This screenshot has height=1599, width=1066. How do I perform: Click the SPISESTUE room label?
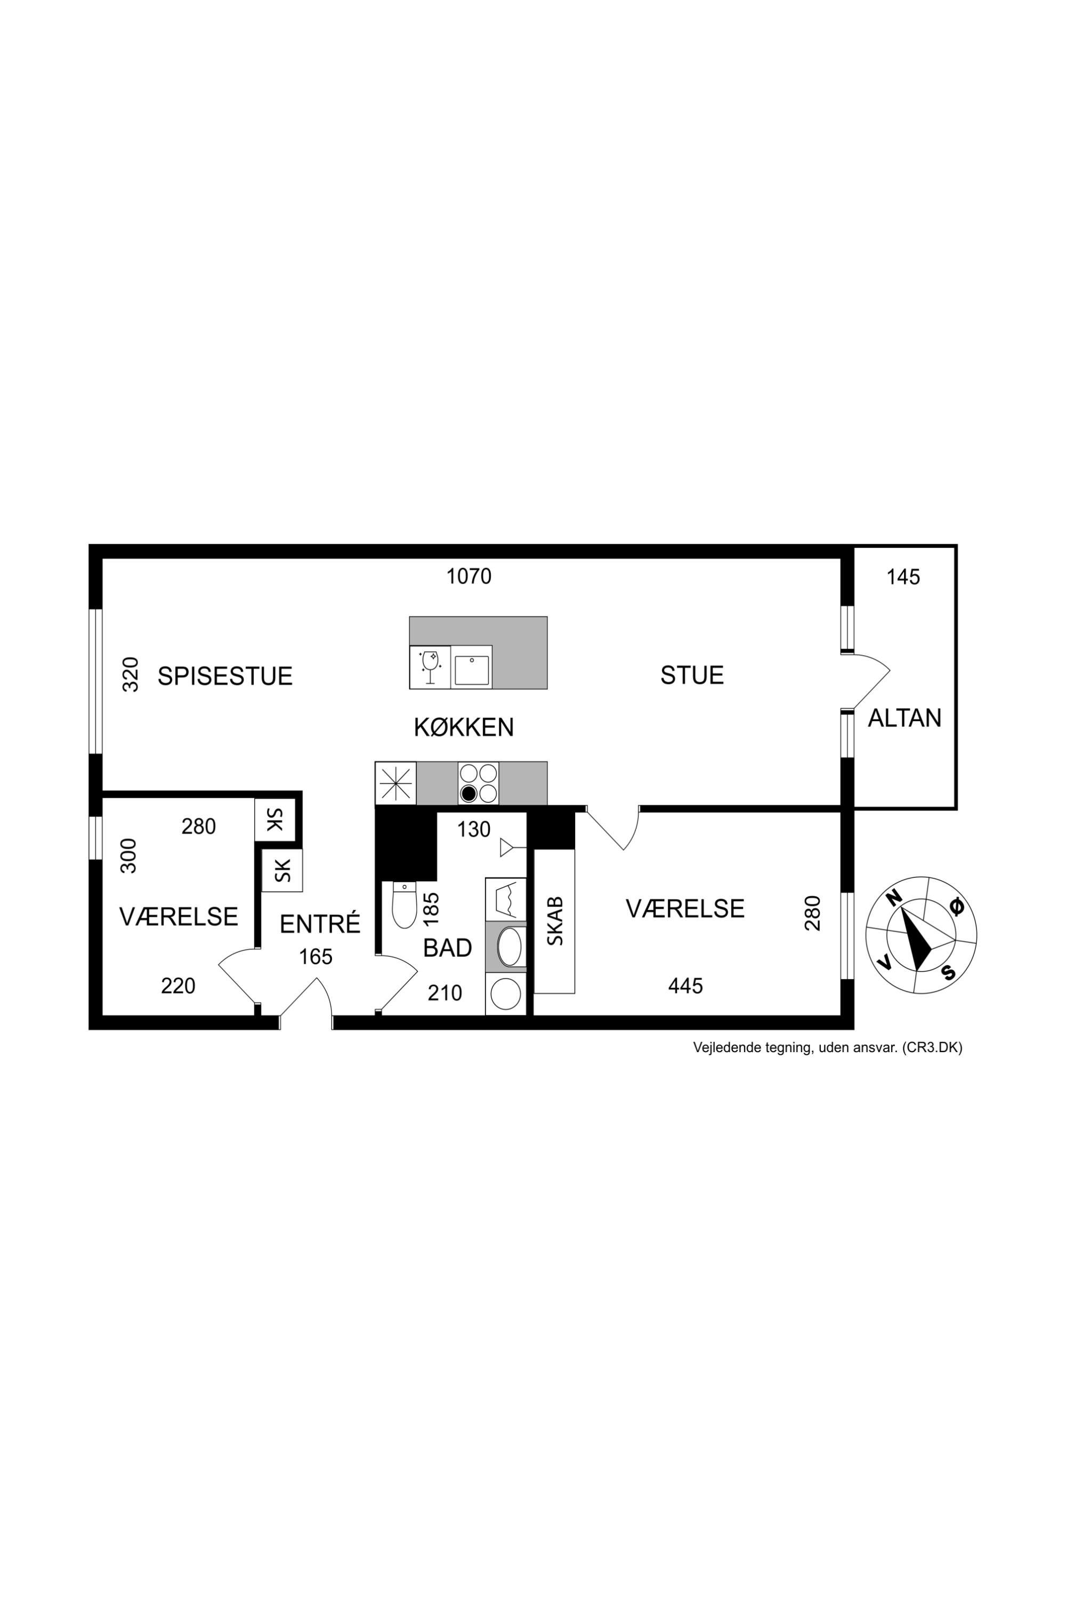click(225, 676)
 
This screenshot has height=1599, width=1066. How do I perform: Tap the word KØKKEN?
click(464, 728)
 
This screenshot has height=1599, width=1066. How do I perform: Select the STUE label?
click(692, 675)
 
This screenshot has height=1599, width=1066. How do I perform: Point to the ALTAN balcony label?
click(904, 718)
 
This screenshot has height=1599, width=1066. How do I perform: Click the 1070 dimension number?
click(469, 577)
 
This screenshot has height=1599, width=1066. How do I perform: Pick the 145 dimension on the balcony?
click(903, 577)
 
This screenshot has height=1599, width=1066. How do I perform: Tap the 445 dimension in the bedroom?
click(685, 986)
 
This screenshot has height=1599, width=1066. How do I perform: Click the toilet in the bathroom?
click(405, 905)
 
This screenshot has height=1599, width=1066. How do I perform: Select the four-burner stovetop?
click(478, 783)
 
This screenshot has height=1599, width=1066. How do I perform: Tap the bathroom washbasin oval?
click(509, 947)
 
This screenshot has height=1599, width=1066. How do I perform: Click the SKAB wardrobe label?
click(555, 921)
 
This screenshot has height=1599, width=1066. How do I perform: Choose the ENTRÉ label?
click(319, 923)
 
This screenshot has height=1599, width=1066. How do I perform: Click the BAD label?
click(447, 948)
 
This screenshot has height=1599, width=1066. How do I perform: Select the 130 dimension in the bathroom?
click(473, 829)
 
